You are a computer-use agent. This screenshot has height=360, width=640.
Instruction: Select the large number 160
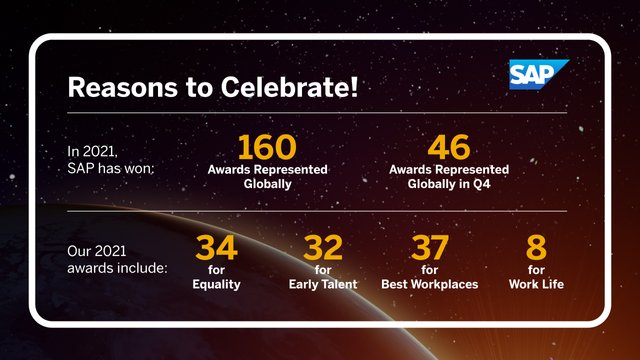tap(266, 148)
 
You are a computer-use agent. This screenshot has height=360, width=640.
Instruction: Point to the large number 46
tap(448, 148)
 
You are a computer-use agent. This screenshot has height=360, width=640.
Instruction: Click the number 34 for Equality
tap(216, 248)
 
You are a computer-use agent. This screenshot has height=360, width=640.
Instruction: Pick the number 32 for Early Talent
tap(322, 248)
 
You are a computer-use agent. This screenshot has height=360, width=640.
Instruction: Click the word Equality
tap(217, 285)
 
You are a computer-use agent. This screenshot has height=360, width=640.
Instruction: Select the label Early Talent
tap(322, 285)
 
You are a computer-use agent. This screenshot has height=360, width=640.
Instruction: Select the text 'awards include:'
tap(118, 268)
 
